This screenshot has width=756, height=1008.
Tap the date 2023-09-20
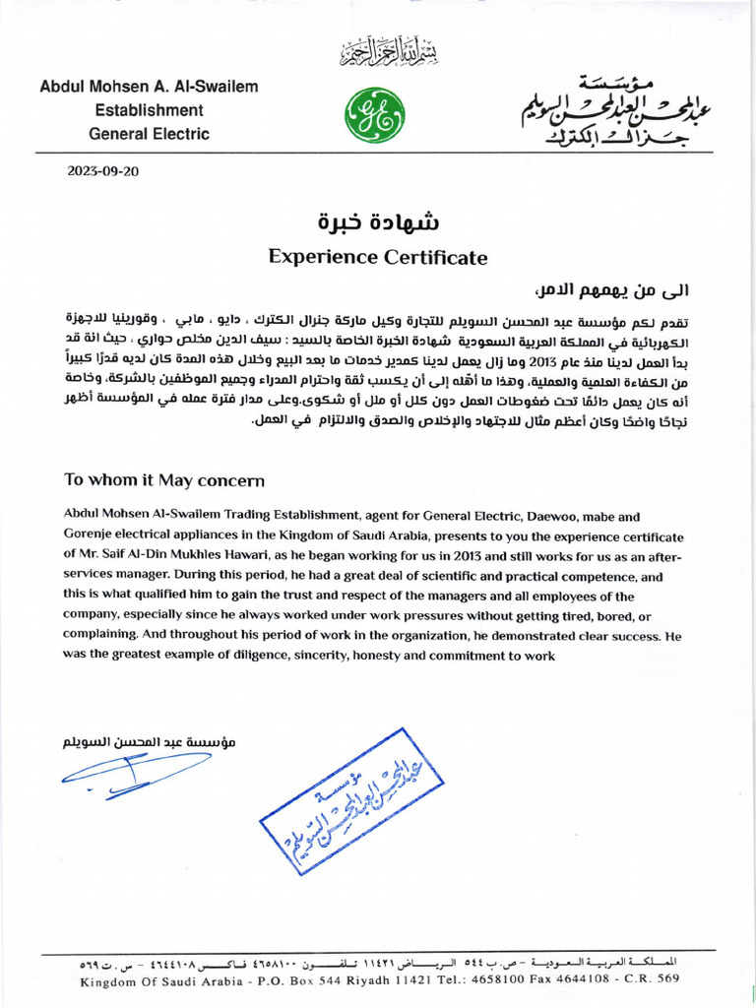click(103, 170)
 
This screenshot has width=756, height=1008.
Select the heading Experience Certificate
click(378, 258)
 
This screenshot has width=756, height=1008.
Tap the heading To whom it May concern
click(164, 480)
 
